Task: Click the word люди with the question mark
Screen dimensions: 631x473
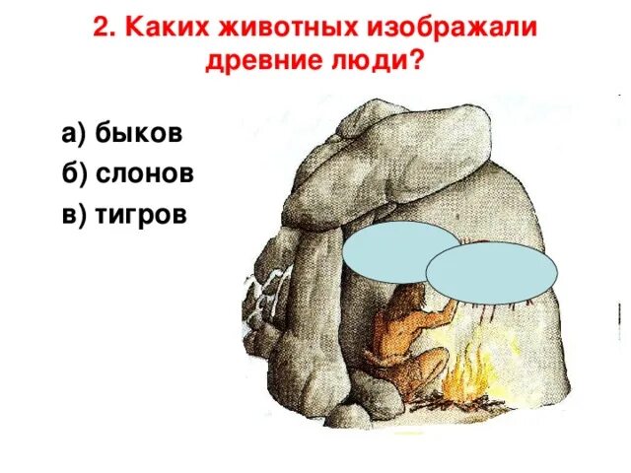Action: pyautogui.click(x=379, y=64)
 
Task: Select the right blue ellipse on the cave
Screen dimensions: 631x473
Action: pyautogui.click(x=490, y=273)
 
